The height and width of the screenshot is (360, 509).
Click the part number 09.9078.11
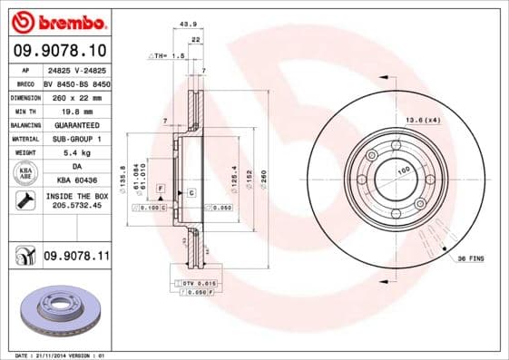click(76, 258)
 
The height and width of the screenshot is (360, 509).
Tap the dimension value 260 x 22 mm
click(75, 96)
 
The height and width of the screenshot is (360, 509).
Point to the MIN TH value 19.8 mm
click(75, 110)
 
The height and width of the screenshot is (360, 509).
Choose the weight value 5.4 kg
click(75, 153)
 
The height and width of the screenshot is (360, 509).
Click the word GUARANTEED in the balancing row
click(75, 124)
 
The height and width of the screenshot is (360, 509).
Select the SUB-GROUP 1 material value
click(75, 139)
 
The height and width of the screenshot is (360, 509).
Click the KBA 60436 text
click(75, 181)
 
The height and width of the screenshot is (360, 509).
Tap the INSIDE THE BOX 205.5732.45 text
click(75, 200)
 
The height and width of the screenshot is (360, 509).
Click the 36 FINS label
click(468, 258)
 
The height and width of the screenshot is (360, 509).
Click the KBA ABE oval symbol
click(24, 173)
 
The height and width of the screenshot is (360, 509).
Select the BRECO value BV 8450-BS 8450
click(75, 83)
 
